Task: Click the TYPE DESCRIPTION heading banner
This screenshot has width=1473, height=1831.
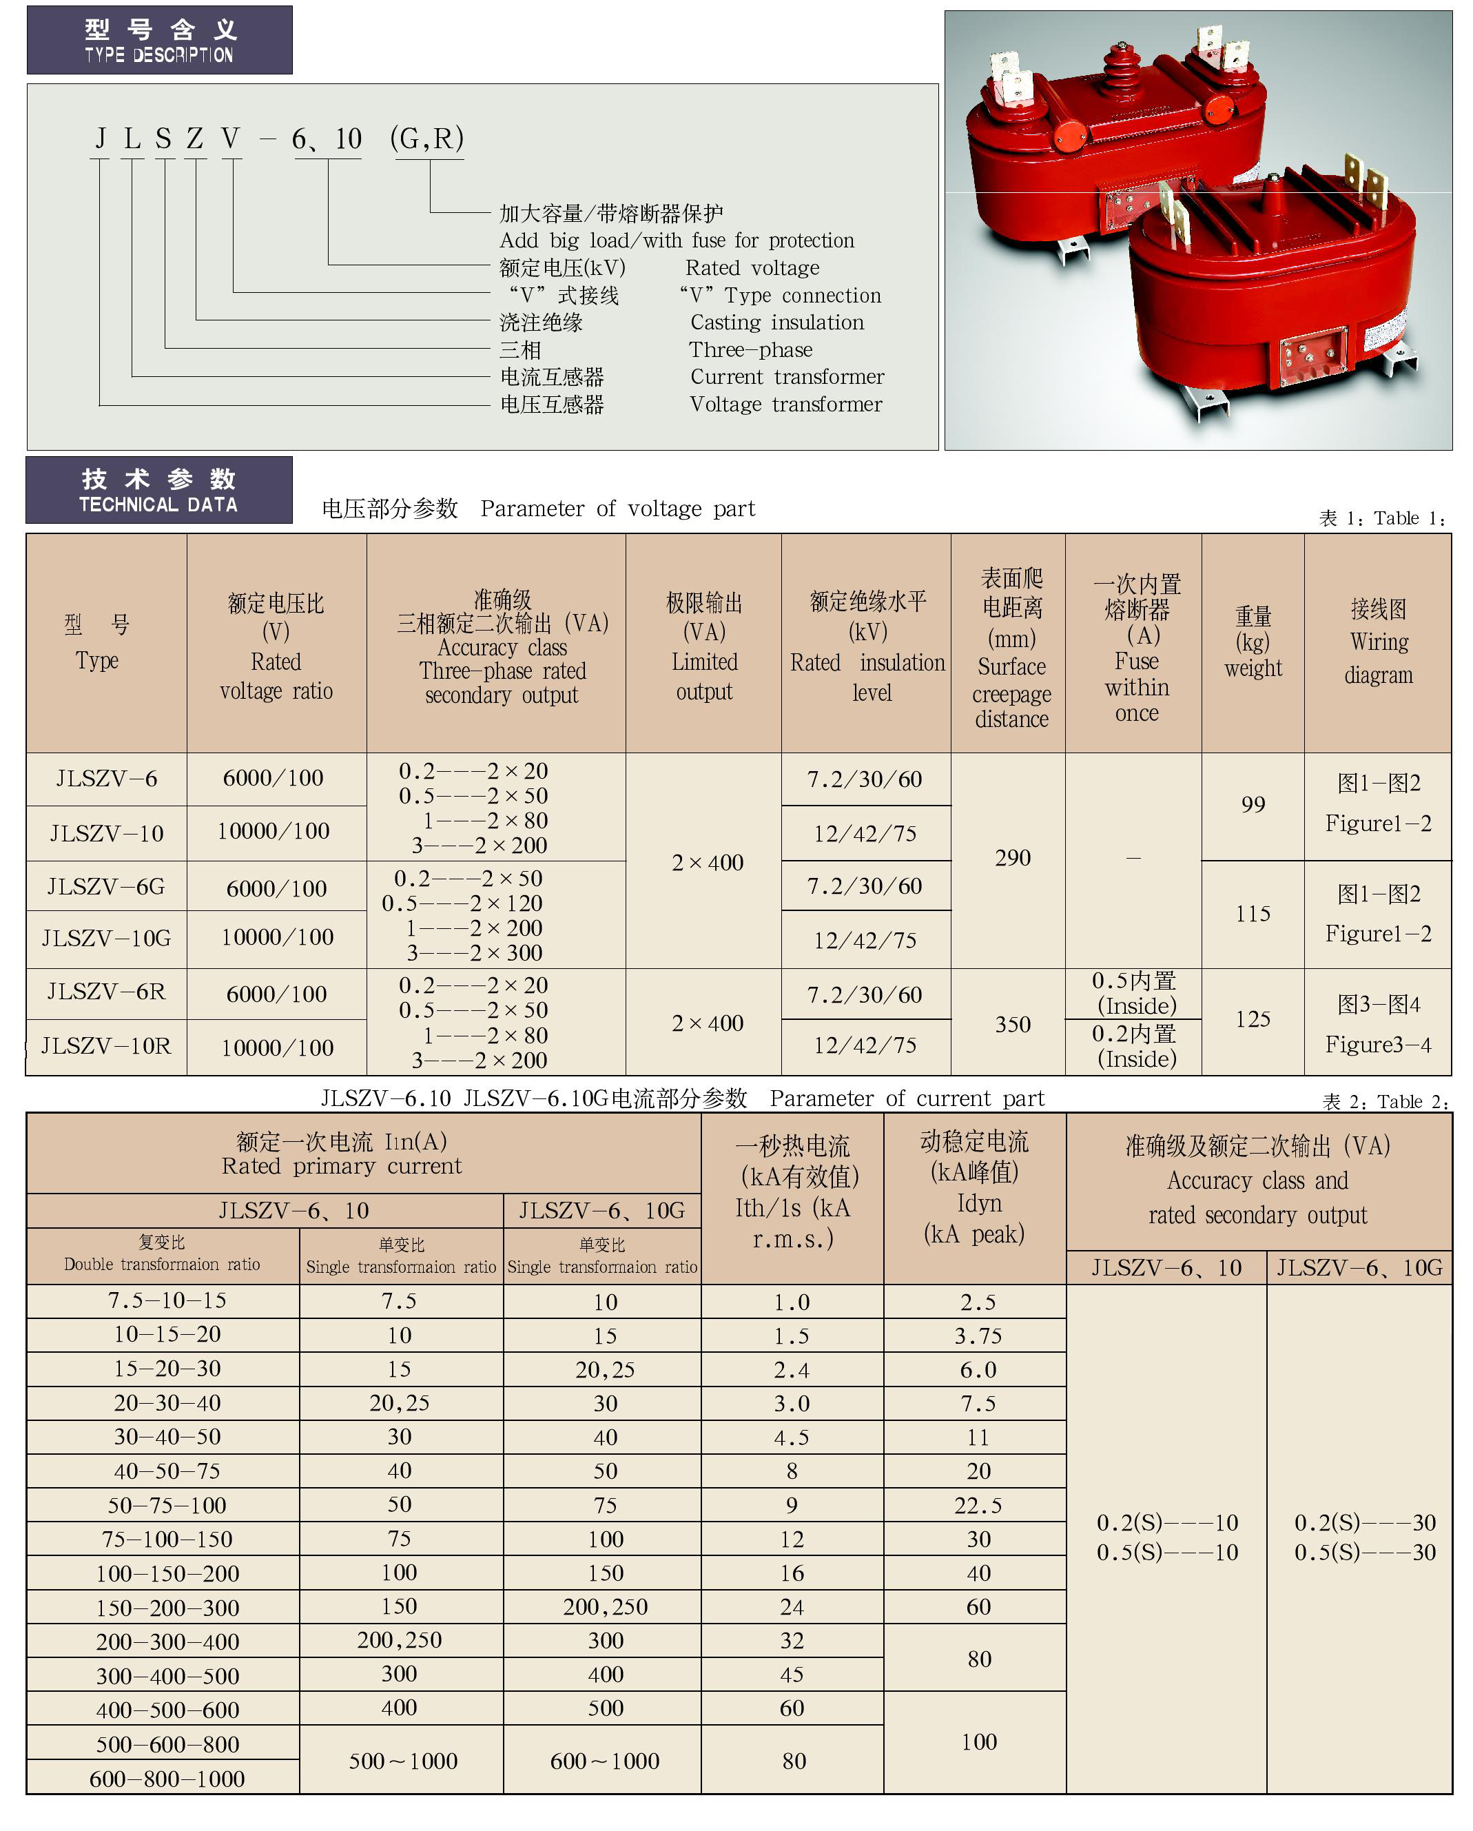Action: tap(160, 41)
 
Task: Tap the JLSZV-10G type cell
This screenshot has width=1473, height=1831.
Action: tap(106, 939)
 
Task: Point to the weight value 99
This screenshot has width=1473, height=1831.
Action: tap(1253, 804)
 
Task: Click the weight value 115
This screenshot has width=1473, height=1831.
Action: tap(1253, 914)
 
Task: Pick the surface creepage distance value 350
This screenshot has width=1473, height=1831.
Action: tap(1012, 1024)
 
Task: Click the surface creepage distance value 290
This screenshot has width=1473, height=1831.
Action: tap(1012, 858)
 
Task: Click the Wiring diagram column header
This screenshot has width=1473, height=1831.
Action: tap(1378, 642)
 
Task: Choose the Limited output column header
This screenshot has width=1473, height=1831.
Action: tap(704, 647)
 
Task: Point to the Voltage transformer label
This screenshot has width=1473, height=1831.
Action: tap(785, 405)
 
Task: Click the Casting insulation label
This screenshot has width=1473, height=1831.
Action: tap(777, 323)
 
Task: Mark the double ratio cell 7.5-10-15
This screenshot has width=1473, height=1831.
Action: tap(167, 1301)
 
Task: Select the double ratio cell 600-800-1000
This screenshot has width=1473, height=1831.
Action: tap(167, 1779)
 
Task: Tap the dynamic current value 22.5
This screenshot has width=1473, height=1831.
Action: tap(978, 1506)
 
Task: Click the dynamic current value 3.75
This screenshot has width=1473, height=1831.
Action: tap(978, 1336)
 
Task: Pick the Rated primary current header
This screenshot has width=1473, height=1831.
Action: tap(341, 1154)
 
